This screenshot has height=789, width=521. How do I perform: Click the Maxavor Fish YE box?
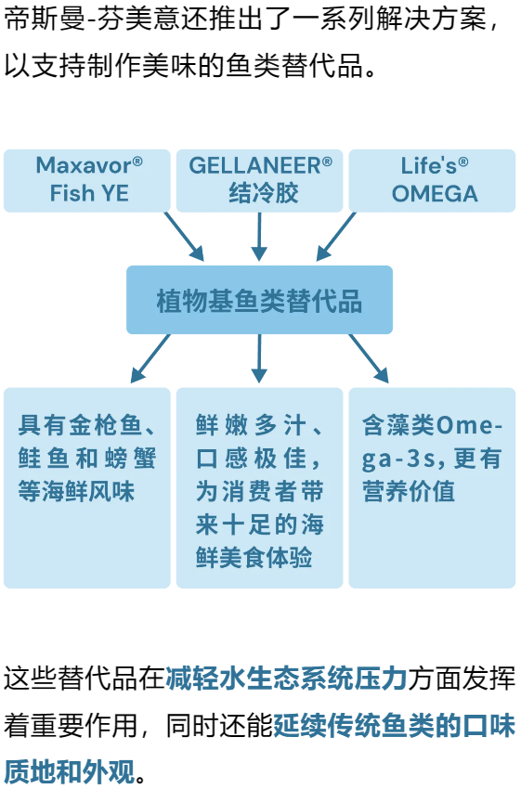tap(87, 180)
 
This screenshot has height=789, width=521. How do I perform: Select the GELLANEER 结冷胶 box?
tap(260, 180)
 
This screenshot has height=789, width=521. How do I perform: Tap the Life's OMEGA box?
tap(433, 180)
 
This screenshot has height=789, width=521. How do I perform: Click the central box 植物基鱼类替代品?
tap(259, 300)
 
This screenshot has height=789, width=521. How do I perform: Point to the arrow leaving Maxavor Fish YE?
tap(184, 237)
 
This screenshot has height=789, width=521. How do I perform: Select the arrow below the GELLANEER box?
tap(259, 237)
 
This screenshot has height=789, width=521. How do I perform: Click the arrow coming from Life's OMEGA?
tap(336, 237)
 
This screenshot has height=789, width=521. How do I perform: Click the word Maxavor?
tap(84, 165)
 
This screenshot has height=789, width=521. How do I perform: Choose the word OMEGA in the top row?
tap(435, 194)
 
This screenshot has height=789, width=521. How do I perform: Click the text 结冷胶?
tap(264, 193)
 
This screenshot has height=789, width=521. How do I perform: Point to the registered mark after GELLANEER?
tap(327, 162)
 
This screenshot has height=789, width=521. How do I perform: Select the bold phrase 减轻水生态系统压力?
tap(286, 679)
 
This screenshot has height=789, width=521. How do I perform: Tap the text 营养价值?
tap(409, 491)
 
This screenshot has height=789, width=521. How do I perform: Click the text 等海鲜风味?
tap(76, 491)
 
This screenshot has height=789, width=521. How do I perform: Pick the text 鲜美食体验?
tap(254, 558)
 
